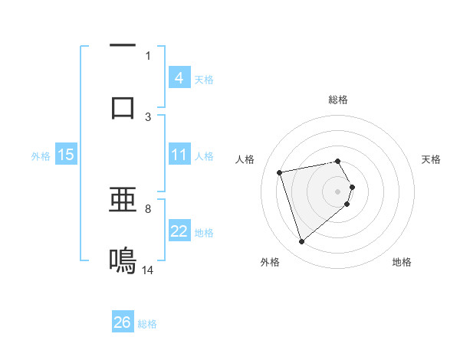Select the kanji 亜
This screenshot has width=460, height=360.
(123, 201)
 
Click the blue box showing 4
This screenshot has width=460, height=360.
(179, 78)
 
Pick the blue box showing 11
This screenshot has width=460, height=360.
(179, 155)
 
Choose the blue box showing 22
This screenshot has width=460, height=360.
(179, 231)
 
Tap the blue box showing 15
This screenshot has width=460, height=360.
(66, 155)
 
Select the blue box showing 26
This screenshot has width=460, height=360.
(123, 322)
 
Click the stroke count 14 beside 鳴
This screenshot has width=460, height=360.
(148, 270)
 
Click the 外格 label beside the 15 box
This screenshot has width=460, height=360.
(41, 156)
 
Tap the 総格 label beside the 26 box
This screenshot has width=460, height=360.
(147, 324)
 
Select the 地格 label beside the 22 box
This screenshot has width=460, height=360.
(205, 233)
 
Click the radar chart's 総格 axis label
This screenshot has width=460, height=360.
(338, 100)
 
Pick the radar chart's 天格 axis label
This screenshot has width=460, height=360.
(432, 159)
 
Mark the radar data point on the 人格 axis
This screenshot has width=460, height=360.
(280, 172)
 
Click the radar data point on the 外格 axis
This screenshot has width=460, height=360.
(301, 242)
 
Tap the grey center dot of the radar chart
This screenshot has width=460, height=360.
(338, 190)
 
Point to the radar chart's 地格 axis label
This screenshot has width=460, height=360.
(402, 262)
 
